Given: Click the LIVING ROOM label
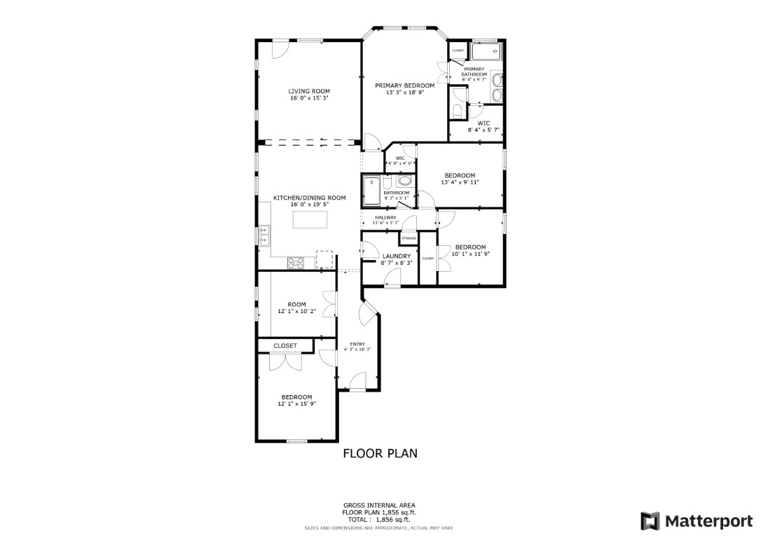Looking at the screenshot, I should [309, 91].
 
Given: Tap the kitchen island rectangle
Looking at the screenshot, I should [310, 219].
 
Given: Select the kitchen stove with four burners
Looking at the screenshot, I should [296, 263].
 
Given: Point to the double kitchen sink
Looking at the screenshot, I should [264, 235].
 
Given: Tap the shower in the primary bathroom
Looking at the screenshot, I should [485, 50].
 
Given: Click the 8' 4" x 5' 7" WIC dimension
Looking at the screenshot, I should [484, 130].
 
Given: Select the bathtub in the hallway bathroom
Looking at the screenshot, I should [371, 191].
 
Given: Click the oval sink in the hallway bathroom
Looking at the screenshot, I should [404, 181].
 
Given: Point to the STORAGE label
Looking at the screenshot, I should [409, 238].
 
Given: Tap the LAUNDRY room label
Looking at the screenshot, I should [397, 256].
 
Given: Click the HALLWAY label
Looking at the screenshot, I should [385, 217].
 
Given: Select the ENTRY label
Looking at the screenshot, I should [357, 344].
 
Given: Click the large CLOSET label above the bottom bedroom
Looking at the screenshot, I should [285, 345].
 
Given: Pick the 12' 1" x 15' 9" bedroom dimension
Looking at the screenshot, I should [297, 403].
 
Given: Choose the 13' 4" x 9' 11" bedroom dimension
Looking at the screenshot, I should [460, 182].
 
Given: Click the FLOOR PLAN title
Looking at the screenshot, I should [380, 453].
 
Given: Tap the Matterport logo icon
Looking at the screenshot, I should [650, 520].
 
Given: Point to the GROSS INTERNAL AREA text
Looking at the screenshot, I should [379, 505].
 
